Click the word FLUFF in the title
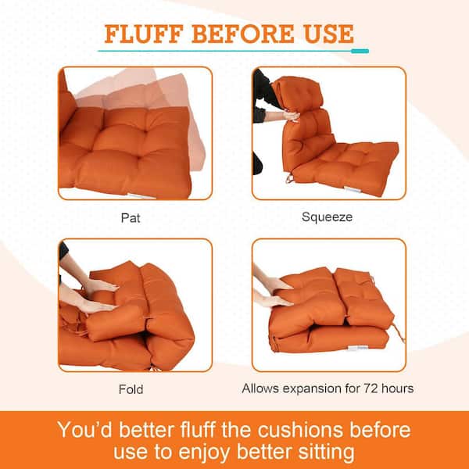point(144,34)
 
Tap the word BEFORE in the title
point(243,34)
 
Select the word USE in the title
point(329,34)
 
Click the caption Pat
point(131,218)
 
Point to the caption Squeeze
point(327,217)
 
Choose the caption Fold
point(131,389)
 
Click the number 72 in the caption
point(371,388)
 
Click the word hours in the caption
point(398,388)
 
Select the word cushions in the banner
point(300,430)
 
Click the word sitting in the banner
point(326,453)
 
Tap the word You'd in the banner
point(85,430)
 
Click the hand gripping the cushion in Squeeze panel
point(291,116)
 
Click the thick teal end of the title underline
point(360,51)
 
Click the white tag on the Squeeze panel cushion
point(352,189)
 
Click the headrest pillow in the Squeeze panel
point(298,92)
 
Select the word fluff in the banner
point(197,430)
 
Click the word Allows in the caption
point(261,388)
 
